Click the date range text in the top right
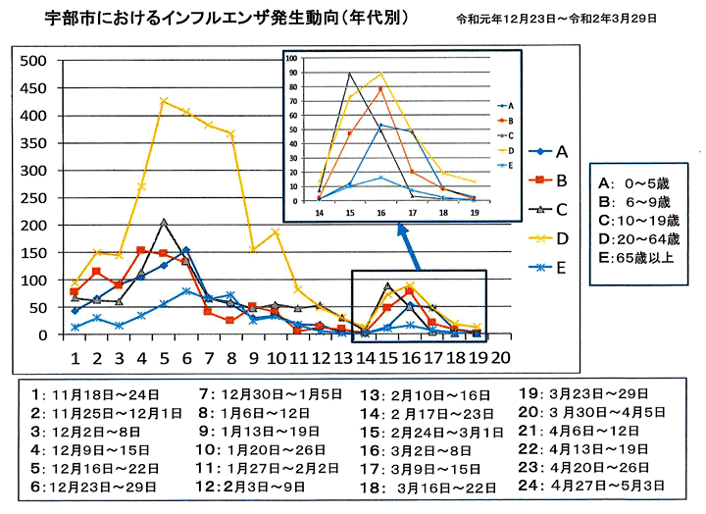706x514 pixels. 556,19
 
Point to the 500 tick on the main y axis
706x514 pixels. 35,61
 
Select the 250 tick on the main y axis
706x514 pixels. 35,198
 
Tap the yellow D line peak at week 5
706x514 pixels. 164,100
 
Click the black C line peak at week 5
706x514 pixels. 164,222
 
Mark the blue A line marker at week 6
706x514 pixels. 186,250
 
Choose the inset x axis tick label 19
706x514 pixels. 475,210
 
